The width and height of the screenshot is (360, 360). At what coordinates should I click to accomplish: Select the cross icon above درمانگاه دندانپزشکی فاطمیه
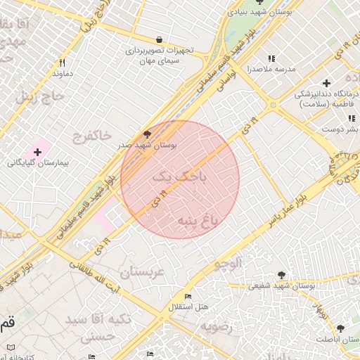(326, 83)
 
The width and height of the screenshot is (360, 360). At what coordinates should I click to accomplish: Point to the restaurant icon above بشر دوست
(351, 118)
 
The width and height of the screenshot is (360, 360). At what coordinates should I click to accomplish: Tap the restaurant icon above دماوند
(63, 63)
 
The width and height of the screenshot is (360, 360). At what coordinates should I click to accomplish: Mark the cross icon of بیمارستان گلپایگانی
(37, 152)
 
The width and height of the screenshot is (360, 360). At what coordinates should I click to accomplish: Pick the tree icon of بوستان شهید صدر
(147, 133)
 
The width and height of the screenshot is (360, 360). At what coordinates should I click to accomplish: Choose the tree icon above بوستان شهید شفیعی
(282, 275)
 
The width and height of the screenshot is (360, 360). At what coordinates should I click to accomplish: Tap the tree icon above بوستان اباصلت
(340, 328)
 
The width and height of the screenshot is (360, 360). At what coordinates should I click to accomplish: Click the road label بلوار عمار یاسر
(288, 208)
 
